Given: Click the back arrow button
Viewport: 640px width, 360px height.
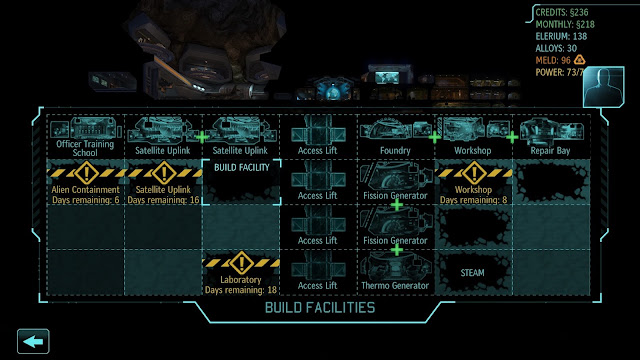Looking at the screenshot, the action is pyautogui.click(x=33, y=341).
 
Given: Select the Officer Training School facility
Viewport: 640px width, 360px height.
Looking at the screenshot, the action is pyautogui.click(x=85, y=137).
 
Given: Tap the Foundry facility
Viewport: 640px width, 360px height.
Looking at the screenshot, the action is pyautogui.click(x=395, y=137).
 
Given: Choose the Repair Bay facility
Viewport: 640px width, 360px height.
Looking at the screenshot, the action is pyautogui.click(x=551, y=137).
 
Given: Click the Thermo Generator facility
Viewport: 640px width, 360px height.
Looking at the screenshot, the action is pyautogui.click(x=395, y=272).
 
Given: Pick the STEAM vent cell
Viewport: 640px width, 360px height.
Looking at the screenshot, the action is pyautogui.click(x=473, y=272).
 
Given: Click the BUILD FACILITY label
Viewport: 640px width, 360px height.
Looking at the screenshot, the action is pyautogui.click(x=242, y=167).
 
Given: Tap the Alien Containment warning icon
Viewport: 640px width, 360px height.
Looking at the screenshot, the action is pyautogui.click(x=86, y=173).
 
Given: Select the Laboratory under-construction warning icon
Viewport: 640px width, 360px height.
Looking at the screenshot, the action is pyautogui.click(x=241, y=263).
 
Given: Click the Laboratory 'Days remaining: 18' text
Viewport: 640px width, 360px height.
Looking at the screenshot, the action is pyautogui.click(x=241, y=290).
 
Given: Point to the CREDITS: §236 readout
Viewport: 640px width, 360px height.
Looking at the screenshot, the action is pyautogui.click(x=562, y=12).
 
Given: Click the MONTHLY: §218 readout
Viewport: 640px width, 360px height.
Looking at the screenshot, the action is pyautogui.click(x=565, y=24).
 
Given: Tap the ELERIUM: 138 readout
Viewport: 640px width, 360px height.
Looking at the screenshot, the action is pyautogui.click(x=561, y=36).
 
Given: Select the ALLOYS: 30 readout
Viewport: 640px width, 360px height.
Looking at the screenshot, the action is pyautogui.click(x=556, y=48).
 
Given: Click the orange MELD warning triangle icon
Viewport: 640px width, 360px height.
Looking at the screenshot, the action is pyautogui.click(x=580, y=60).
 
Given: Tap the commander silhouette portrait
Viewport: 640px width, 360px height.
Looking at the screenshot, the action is pyautogui.click(x=604, y=87).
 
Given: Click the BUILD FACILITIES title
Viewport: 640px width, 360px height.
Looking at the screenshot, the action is pyautogui.click(x=320, y=308).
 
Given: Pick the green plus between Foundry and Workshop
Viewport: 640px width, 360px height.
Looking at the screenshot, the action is pyautogui.click(x=435, y=138).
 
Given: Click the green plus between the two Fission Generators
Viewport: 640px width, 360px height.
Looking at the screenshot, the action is pyautogui.click(x=397, y=205).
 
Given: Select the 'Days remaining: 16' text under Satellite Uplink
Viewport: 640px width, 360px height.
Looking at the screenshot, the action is pyautogui.click(x=163, y=200).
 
